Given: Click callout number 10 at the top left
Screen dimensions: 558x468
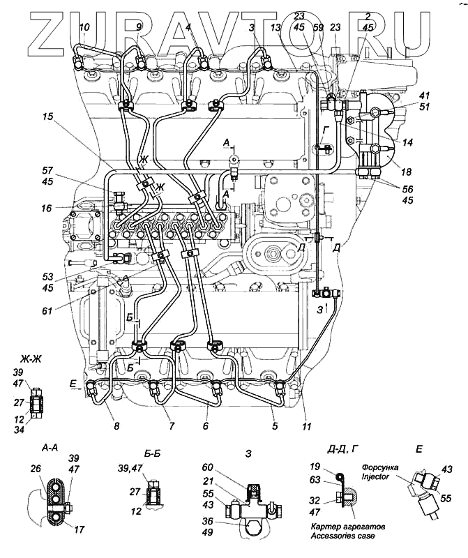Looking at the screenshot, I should pyautogui.click(x=84, y=28).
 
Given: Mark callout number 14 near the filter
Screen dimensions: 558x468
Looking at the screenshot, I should pyautogui.click(x=407, y=142).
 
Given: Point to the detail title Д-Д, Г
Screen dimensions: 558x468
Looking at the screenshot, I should pyautogui.click(x=335, y=450).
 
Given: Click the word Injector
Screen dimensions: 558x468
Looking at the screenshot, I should pyautogui.click(x=377, y=477).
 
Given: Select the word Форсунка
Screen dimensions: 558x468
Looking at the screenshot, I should pyautogui.click(x=380, y=467).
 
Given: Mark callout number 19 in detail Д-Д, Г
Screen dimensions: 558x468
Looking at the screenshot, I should pyautogui.click(x=314, y=467).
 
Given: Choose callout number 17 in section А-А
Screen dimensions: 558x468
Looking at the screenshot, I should pyautogui.click(x=79, y=530).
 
